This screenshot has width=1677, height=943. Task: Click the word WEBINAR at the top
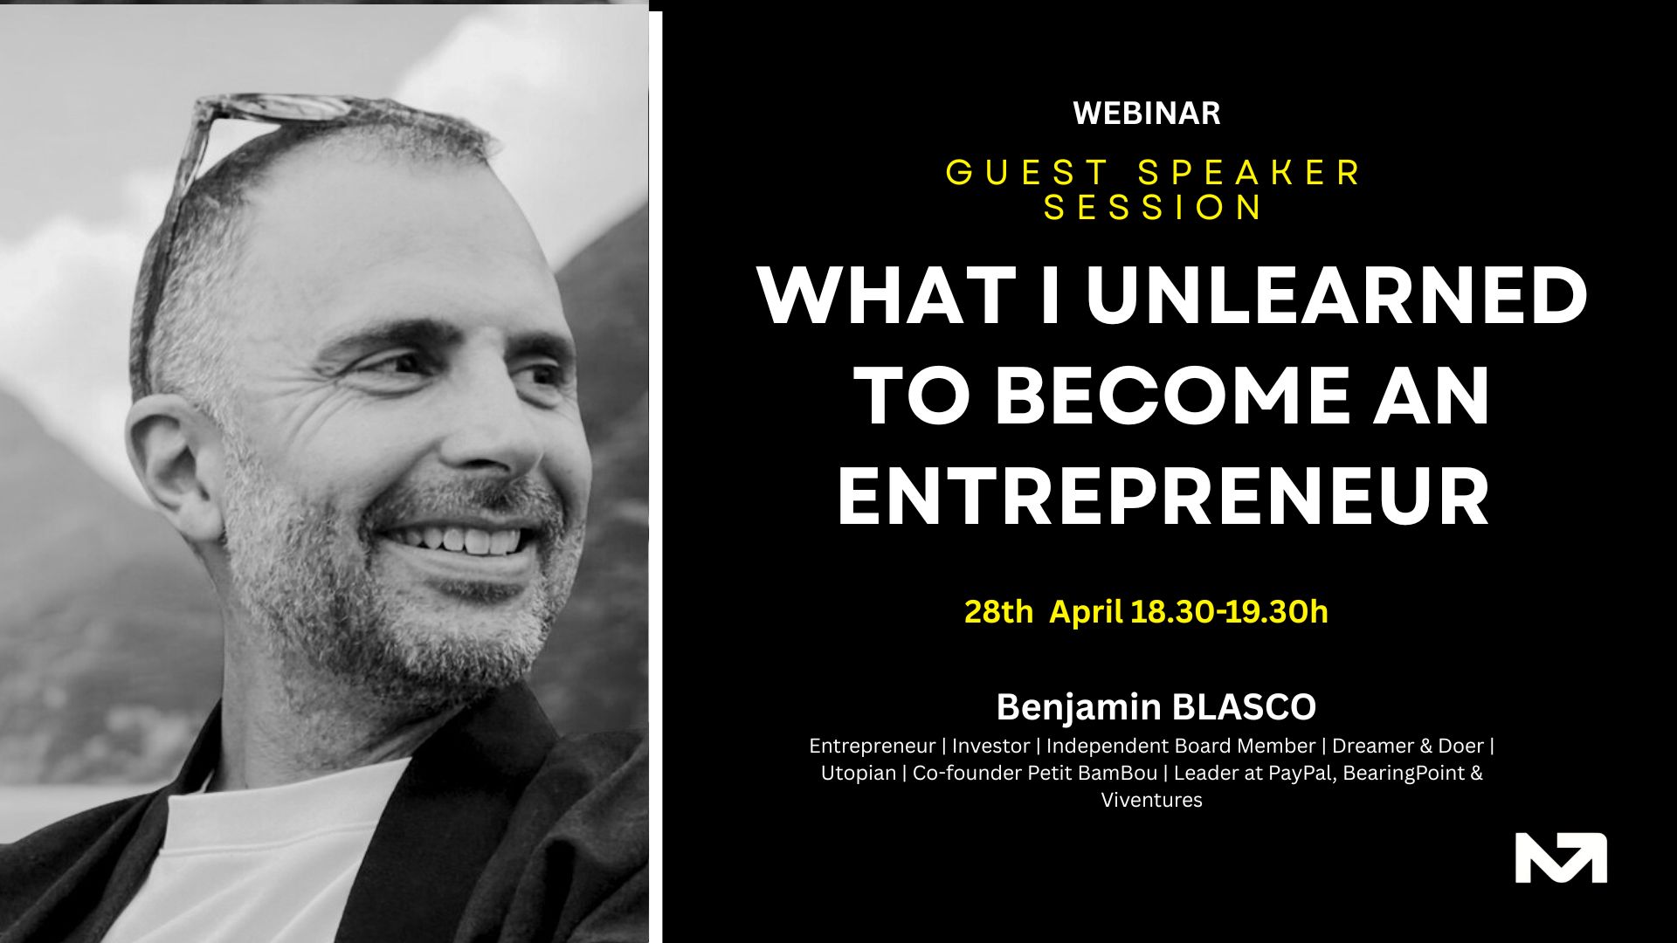[x=1146, y=114]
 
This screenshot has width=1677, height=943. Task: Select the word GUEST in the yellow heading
[x=1028, y=172]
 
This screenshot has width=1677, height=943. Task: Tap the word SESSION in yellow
[x=1153, y=208]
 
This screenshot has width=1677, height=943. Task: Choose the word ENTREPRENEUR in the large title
[x=1163, y=498]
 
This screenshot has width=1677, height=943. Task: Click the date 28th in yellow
[x=998, y=612]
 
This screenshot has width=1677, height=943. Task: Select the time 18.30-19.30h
[x=1229, y=612]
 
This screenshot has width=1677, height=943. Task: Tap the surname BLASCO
[x=1244, y=707]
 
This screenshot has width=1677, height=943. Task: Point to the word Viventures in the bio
[x=1151, y=800]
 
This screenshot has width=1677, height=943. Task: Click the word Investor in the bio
[x=990, y=746]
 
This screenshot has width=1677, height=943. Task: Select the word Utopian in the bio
[x=858, y=773]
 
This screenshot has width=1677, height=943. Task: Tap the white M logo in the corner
[x=1561, y=857]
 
